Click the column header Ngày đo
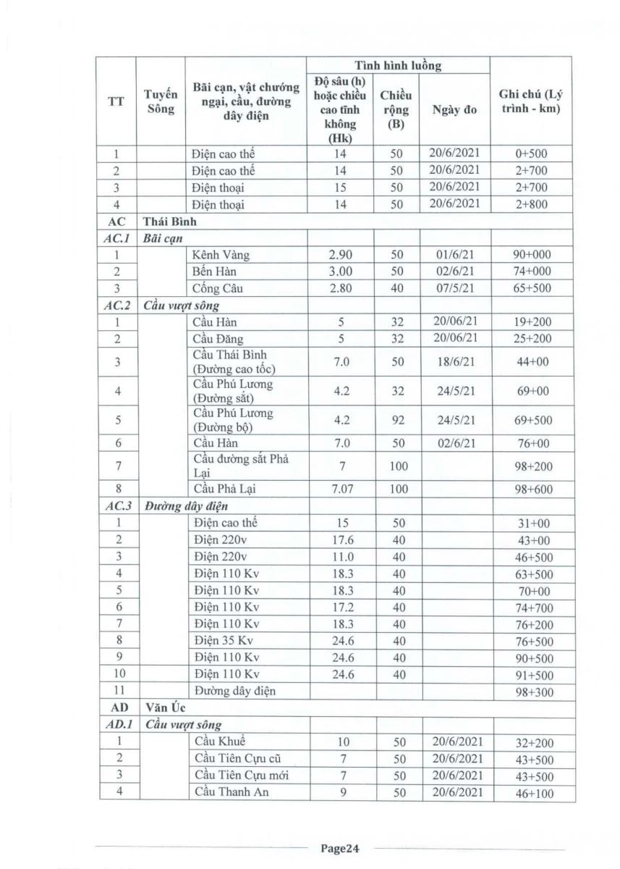point(454,110)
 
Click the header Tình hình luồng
point(397,65)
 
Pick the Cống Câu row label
point(218,288)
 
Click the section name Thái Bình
point(170,222)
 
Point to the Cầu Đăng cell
point(218,338)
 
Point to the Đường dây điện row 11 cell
point(234,691)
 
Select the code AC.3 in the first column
point(116,505)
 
